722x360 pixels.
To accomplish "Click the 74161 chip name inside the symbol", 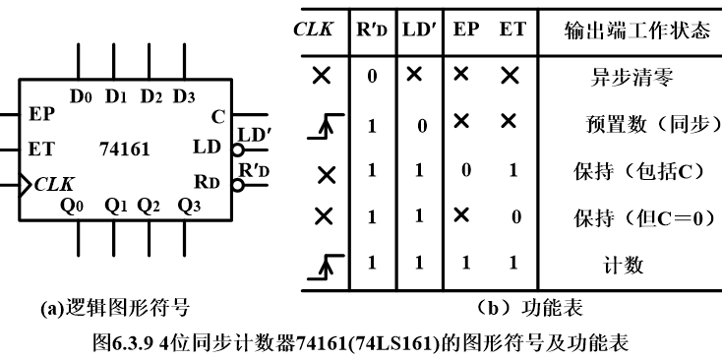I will [x=125, y=150].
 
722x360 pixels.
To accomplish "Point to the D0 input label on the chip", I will [x=82, y=96].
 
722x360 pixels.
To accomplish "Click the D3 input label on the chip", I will [x=184, y=96].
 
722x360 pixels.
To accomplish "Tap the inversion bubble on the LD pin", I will [x=237, y=151].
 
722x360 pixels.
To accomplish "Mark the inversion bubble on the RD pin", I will [x=237, y=183].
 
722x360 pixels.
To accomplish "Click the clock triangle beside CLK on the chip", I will [x=27, y=183].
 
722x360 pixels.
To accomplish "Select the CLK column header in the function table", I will [x=314, y=29].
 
